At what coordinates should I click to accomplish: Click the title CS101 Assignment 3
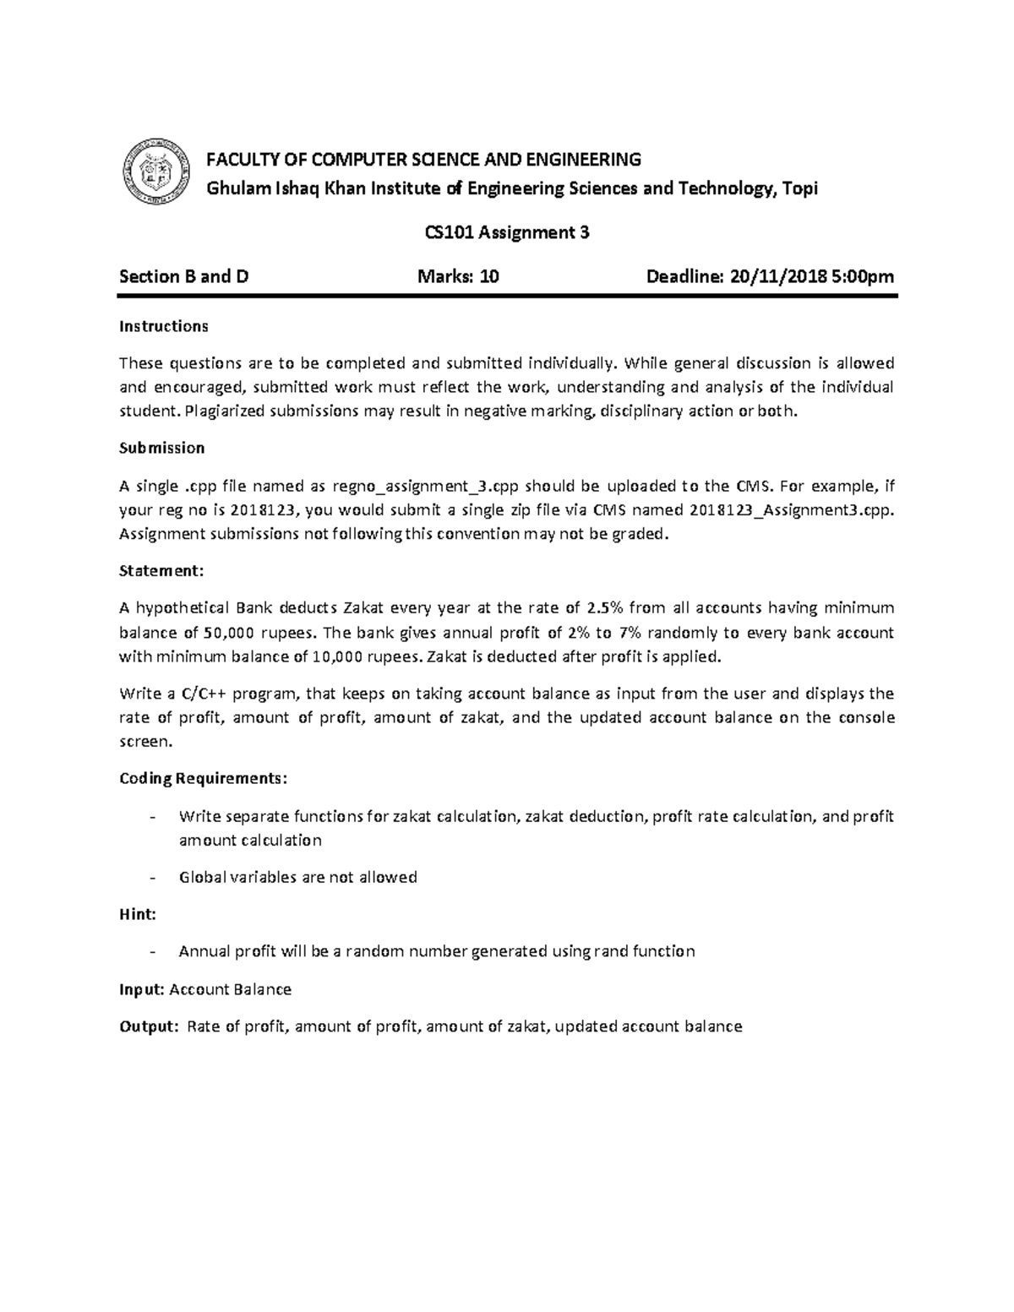tap(506, 232)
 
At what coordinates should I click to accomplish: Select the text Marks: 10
tap(459, 276)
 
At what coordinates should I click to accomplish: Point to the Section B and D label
tap(184, 276)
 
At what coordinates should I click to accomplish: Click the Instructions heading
tap(163, 326)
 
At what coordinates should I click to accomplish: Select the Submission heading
tap(161, 448)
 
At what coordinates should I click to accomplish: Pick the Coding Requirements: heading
tap(203, 778)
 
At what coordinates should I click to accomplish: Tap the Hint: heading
tap(137, 914)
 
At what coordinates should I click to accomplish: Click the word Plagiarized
tap(224, 411)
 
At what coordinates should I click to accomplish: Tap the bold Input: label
tap(142, 989)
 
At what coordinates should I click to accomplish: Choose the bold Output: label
tap(149, 1026)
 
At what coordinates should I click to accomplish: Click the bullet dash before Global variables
tap(151, 878)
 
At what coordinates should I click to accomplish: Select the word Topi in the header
tap(799, 188)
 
